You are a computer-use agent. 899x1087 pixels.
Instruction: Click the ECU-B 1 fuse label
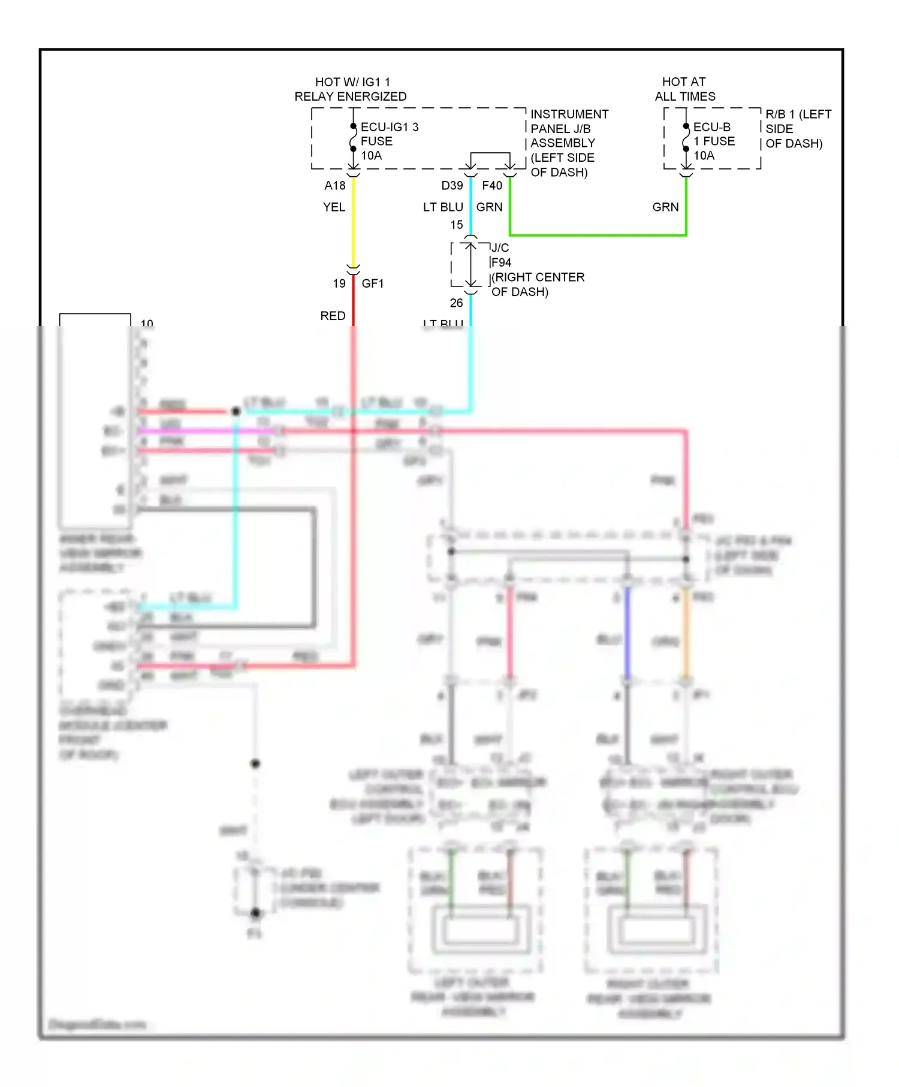tap(713, 141)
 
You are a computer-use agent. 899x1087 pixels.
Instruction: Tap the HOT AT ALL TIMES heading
tap(684, 89)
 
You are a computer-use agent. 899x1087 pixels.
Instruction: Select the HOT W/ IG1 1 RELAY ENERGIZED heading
tap(351, 89)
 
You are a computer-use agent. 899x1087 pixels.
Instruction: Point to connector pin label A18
tap(335, 186)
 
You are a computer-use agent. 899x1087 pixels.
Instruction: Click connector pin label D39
tap(452, 186)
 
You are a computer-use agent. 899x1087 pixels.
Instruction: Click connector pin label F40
tap(492, 186)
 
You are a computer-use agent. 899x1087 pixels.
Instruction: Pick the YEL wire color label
tap(334, 207)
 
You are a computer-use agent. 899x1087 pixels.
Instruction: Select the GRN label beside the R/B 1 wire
tap(665, 207)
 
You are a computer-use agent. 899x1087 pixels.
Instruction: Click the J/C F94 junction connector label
tap(501, 255)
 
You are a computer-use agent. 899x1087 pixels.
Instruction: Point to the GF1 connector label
tap(372, 283)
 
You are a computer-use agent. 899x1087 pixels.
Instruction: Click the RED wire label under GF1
tap(333, 316)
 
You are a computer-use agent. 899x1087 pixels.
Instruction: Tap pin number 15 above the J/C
tap(457, 225)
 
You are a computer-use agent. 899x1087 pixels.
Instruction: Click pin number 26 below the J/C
tap(457, 303)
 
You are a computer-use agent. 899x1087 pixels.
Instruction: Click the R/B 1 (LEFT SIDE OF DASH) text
tap(797, 129)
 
